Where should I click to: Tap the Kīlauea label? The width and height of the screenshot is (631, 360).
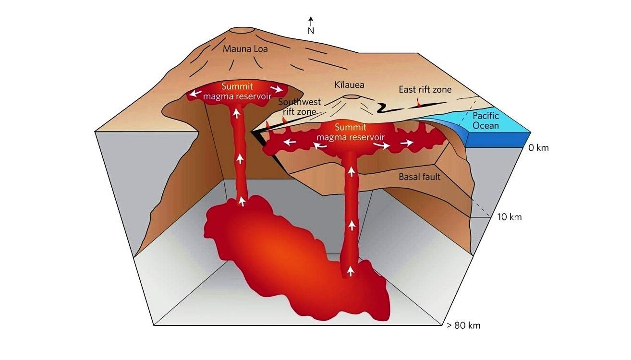tap(349, 85)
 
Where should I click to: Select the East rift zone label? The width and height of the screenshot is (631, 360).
tap(425, 89)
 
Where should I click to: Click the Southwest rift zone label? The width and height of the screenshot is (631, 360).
tap(297, 107)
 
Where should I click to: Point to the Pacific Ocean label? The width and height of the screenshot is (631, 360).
tap(485, 121)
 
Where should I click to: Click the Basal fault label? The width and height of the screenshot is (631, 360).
tap(419, 177)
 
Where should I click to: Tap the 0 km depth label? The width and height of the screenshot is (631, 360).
tap(538, 148)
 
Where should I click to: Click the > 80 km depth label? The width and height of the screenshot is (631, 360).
tap(463, 326)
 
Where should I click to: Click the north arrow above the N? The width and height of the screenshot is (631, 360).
tap(311, 21)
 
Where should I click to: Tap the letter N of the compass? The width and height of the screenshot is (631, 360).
tap(311, 31)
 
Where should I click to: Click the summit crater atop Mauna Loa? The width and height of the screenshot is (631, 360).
tap(243, 31)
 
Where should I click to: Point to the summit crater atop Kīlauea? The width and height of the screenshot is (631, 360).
tap(352, 97)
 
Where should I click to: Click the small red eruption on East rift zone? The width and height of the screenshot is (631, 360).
tap(419, 102)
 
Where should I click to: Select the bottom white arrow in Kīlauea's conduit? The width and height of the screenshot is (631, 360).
tap(351, 272)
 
